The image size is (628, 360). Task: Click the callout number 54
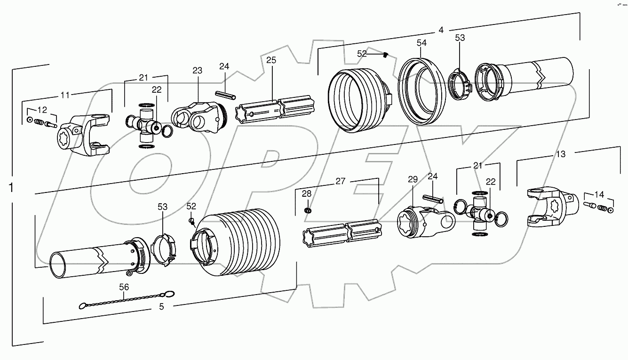tap(421, 43)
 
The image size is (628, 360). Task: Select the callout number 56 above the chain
tap(124, 287)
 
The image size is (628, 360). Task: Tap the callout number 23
tap(197, 71)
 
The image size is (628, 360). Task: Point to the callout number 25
tap(271, 60)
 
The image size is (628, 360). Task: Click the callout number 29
tap(413, 179)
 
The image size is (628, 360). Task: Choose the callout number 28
tap(307, 193)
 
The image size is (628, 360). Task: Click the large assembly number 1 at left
tap(11, 187)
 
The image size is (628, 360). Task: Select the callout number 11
tap(65, 95)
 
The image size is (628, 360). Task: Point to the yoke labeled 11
tap(87, 136)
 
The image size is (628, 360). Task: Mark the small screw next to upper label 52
tap(385, 55)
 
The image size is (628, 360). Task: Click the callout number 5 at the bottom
tap(161, 306)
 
